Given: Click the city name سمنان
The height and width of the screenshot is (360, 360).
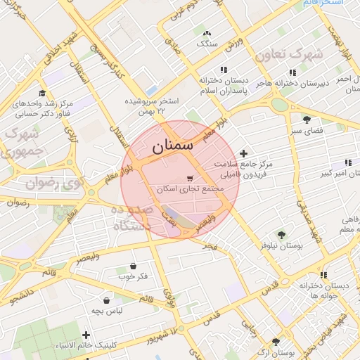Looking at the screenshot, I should click(x=171, y=147).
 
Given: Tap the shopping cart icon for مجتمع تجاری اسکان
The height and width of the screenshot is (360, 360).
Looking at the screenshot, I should click(x=189, y=178).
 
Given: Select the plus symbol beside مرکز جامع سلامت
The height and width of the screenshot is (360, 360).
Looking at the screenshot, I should click(x=244, y=153).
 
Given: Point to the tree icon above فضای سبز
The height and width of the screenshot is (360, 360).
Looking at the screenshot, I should click(x=307, y=120).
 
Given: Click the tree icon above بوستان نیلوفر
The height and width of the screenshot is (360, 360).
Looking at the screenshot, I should click(x=282, y=235).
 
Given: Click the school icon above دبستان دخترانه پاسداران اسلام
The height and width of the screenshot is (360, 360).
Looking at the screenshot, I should click(x=224, y=70).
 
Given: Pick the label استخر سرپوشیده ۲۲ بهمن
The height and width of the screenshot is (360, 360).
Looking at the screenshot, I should click(x=151, y=106).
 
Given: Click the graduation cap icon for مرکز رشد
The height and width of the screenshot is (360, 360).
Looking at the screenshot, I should click(x=42, y=94).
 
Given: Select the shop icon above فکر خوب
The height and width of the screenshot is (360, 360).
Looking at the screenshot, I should click(x=134, y=266).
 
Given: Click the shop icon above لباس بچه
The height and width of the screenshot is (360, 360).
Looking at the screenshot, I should click(x=106, y=300).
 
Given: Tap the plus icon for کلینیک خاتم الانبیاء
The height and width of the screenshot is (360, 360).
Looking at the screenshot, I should click(x=86, y=335).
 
